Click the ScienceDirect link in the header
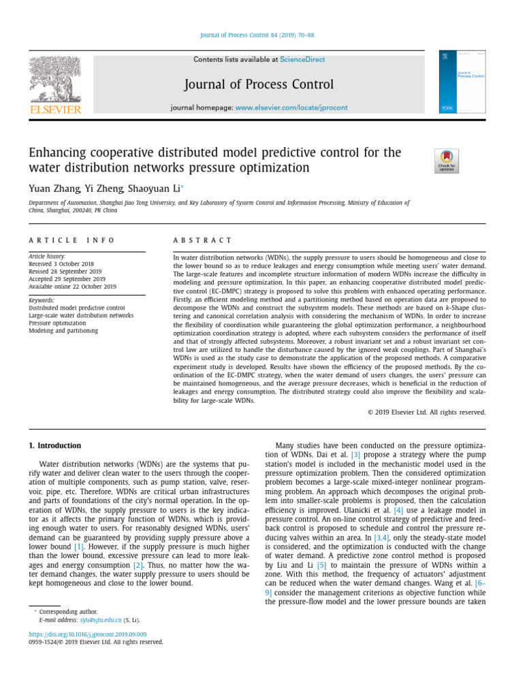click(302, 60)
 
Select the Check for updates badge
click(446, 161)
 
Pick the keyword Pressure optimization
click(57, 323)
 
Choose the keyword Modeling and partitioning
click(63, 331)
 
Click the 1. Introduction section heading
click(54, 446)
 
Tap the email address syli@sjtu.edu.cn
click(101, 620)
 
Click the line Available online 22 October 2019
click(72, 287)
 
